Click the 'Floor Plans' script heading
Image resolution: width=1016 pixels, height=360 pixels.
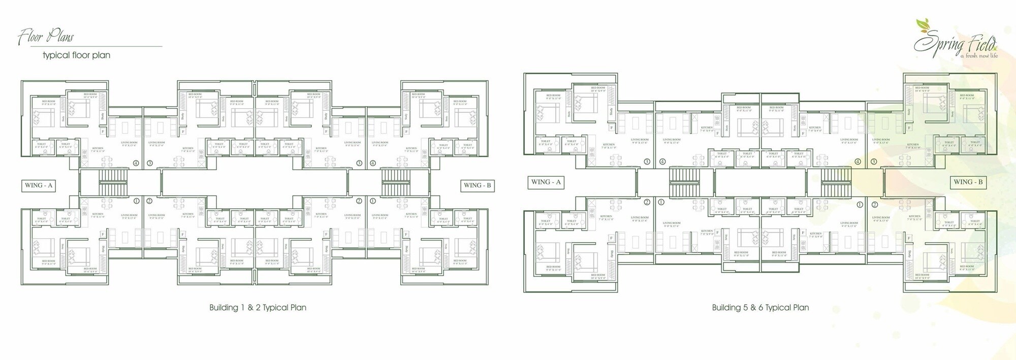pos(46,37)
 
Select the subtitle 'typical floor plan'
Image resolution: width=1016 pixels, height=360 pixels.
pos(76,55)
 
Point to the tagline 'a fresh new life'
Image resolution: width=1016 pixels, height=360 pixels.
pos(978,56)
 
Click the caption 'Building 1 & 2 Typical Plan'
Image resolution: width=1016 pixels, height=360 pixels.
pos(258,308)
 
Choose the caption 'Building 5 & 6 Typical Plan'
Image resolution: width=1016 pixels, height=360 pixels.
pos(760,308)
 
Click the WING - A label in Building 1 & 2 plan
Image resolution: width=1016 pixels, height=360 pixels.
pos(39,185)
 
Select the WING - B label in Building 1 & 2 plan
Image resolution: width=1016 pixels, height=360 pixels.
pos(477,185)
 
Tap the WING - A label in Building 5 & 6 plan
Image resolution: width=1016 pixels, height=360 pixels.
pos(546,182)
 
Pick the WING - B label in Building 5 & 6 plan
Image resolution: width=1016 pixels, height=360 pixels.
pos(968,182)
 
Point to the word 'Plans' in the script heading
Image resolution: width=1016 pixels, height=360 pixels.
pos(60,37)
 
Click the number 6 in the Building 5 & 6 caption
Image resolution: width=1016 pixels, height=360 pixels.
pos(760,308)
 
